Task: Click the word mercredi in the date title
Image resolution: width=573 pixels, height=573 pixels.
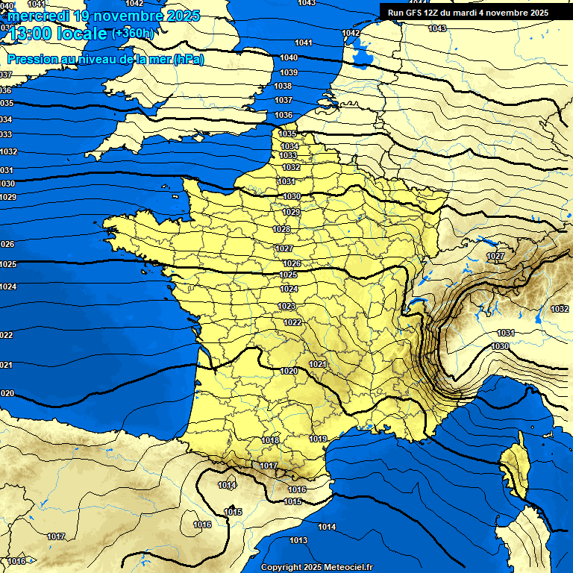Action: click(39, 16)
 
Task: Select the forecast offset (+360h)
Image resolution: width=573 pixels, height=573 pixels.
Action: click(132, 34)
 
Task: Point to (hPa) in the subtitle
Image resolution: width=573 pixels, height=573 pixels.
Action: click(188, 59)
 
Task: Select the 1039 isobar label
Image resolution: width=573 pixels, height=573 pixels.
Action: click(289, 72)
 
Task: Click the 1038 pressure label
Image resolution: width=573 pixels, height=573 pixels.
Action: click(283, 86)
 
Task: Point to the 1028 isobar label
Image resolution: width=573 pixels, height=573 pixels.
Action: click(281, 229)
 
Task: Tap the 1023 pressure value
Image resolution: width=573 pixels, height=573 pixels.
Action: click(286, 306)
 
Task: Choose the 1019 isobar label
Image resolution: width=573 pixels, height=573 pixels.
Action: click(318, 439)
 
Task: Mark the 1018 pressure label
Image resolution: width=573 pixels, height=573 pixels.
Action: click(270, 440)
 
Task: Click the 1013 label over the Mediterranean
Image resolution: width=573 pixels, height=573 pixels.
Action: click(298, 540)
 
